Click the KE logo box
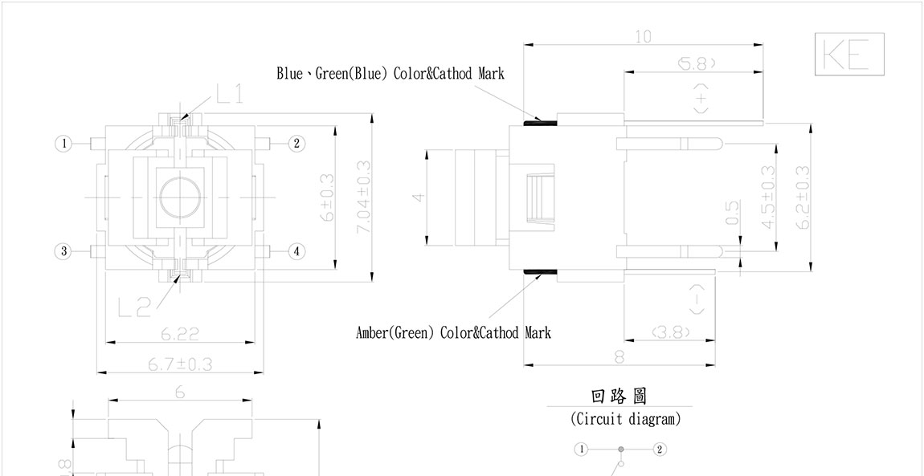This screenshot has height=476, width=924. (x=848, y=55)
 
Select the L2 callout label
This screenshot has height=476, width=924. (x=133, y=306)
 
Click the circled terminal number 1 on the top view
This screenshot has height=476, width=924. (x=63, y=144)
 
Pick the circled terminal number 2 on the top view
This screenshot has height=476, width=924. (x=296, y=144)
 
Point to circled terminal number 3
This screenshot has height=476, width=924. (x=63, y=251)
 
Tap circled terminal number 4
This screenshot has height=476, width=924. (x=296, y=251)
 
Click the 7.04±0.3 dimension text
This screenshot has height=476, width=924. (x=363, y=197)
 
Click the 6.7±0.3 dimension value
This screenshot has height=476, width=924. (x=180, y=364)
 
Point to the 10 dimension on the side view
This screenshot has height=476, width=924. (x=643, y=37)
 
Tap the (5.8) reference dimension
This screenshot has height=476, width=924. (x=696, y=63)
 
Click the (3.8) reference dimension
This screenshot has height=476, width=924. (x=671, y=331)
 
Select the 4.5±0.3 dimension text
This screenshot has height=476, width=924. (x=768, y=197)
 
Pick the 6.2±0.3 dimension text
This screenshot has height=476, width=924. (x=802, y=197)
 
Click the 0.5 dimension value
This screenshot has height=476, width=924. (x=732, y=213)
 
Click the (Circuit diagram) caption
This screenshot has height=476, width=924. (x=625, y=418)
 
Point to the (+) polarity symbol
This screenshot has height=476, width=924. (x=701, y=99)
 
